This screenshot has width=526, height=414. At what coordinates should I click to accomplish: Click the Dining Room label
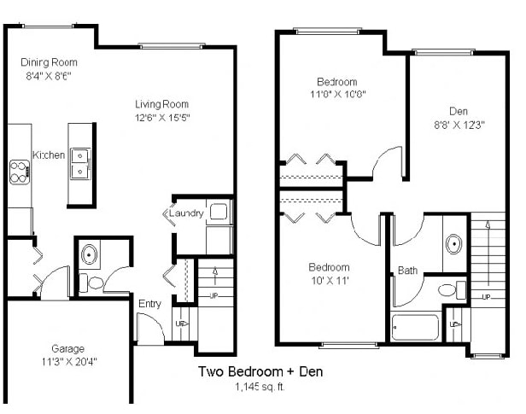point(49,62)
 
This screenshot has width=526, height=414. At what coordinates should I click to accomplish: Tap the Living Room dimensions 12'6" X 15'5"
point(161,117)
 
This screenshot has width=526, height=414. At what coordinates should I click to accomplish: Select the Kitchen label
point(49,155)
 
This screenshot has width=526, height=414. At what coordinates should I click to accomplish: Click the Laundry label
point(185,213)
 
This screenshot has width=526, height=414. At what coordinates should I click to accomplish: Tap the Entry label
point(149,304)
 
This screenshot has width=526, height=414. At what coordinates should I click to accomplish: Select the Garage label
point(67,348)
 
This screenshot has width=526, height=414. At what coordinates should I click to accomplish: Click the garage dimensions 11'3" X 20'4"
point(67,361)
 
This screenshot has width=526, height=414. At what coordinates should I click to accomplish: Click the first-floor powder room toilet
point(95,283)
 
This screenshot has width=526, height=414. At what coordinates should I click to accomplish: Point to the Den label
point(459,111)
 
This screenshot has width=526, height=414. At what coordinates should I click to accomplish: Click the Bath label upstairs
point(407,271)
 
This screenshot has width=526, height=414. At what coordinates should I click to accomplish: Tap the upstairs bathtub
point(415,328)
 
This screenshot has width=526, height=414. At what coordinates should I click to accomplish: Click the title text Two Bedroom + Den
point(260,372)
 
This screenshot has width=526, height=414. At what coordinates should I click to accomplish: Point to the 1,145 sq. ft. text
point(260,387)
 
